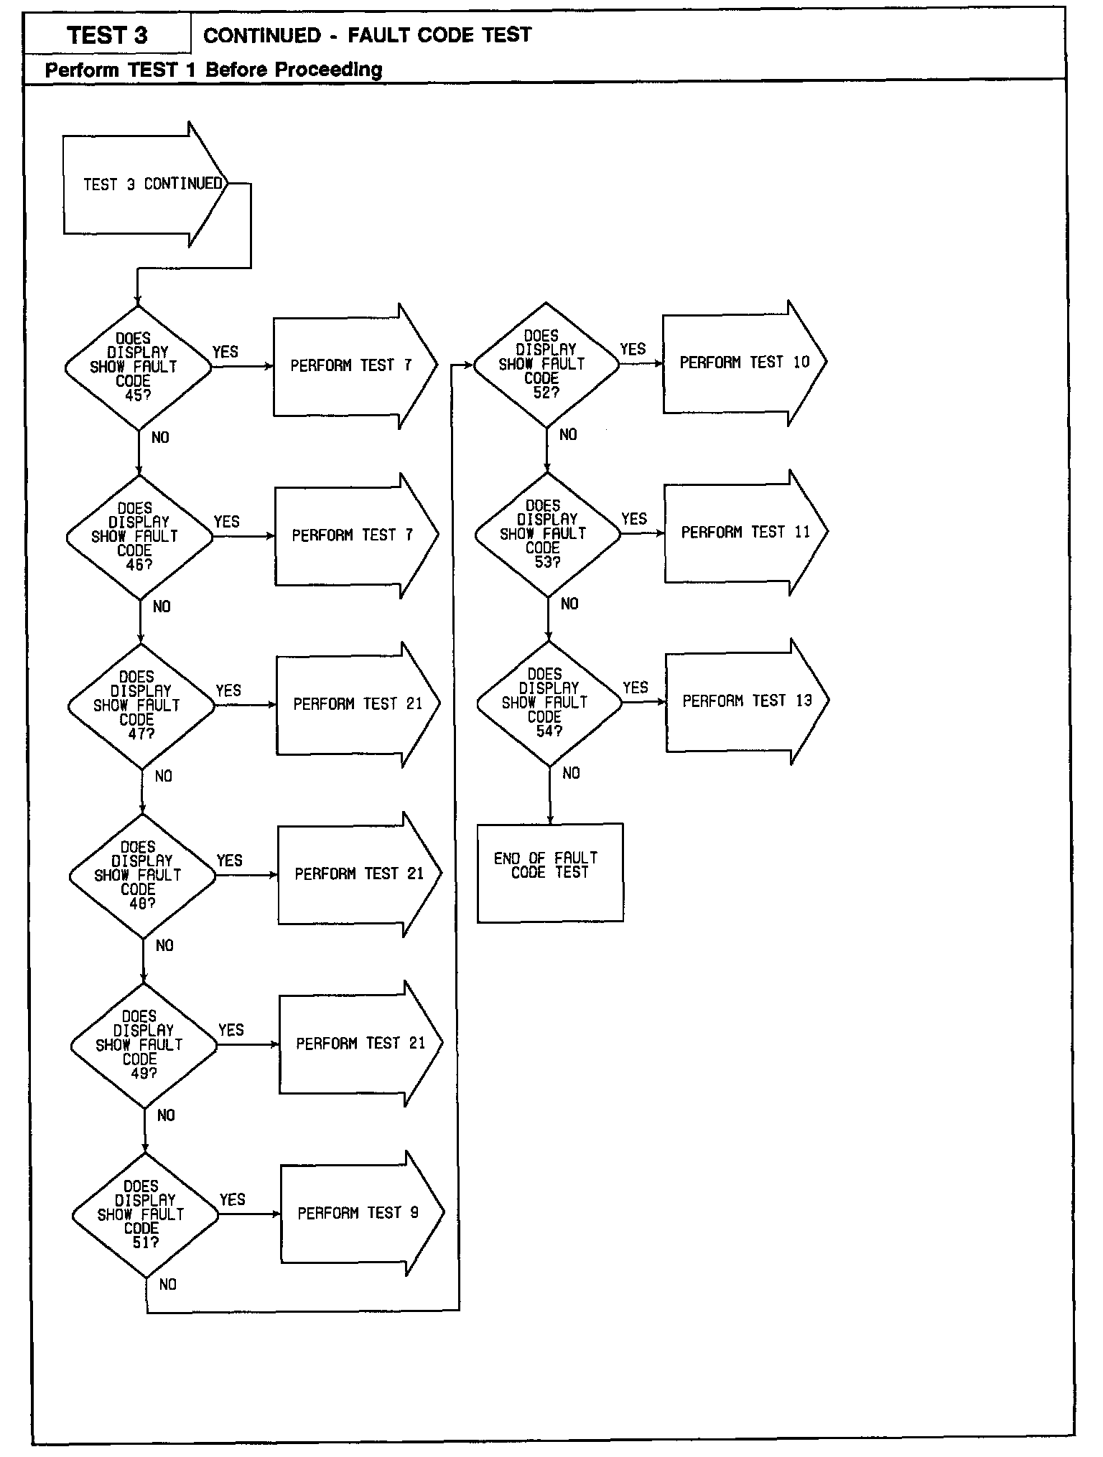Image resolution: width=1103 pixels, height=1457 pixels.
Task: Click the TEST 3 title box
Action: (x=108, y=35)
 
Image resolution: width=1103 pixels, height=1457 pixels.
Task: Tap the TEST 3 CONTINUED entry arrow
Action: (x=147, y=184)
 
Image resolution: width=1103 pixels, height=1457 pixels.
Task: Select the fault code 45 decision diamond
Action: (x=138, y=367)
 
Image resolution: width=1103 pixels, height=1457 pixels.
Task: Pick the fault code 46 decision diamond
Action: (x=139, y=536)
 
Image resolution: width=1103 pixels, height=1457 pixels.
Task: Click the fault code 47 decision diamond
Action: (x=141, y=706)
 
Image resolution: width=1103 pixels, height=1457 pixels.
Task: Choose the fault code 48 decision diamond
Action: (x=142, y=875)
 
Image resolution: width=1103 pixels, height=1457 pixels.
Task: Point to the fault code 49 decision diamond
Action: (x=144, y=1044)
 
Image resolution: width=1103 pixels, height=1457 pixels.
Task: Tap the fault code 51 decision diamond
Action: (x=145, y=1214)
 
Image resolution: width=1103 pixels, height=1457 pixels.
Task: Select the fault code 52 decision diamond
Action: (x=546, y=364)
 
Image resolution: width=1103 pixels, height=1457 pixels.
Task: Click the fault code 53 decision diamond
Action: (x=547, y=533)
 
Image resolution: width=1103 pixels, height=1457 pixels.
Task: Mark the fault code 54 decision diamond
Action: (x=549, y=703)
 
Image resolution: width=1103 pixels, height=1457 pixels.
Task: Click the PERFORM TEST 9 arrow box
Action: (x=359, y=1213)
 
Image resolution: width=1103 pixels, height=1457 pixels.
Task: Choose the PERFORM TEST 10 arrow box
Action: (x=743, y=363)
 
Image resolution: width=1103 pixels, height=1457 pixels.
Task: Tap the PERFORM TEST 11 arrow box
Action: (x=745, y=533)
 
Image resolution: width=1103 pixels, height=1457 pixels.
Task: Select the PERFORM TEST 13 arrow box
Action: (x=746, y=701)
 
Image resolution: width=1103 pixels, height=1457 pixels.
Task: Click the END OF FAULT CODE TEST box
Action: (x=550, y=872)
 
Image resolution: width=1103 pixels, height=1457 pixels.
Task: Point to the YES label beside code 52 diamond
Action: (x=633, y=350)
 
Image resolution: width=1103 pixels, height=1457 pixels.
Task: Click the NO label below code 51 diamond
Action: (x=167, y=1284)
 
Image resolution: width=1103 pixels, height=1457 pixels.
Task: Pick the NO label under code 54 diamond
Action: (x=571, y=773)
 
